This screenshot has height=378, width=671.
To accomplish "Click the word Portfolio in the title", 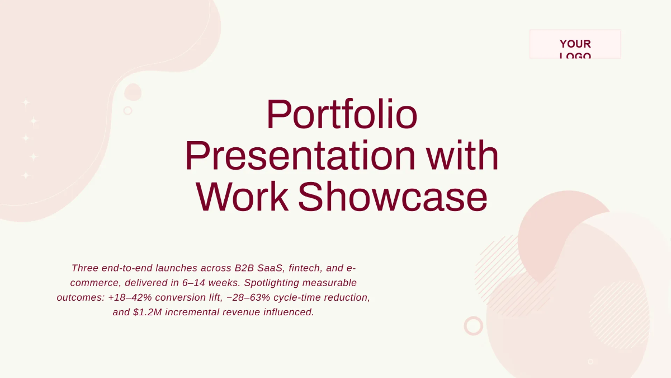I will (x=342, y=115).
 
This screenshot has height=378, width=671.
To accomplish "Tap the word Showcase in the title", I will (x=393, y=198).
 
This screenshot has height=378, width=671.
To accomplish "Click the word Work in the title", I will (x=242, y=198).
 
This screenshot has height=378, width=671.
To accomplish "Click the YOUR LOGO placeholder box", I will (x=575, y=44).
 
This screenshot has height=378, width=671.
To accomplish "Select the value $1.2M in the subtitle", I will (x=148, y=312).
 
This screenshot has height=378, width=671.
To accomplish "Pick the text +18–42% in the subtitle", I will (x=130, y=298).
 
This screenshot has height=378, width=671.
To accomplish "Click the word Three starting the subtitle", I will (x=85, y=268).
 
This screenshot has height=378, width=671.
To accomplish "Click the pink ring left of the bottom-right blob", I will (x=473, y=326).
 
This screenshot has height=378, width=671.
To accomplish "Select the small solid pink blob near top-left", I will (x=133, y=92).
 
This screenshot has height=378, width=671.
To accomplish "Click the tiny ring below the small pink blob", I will (x=127, y=110).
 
